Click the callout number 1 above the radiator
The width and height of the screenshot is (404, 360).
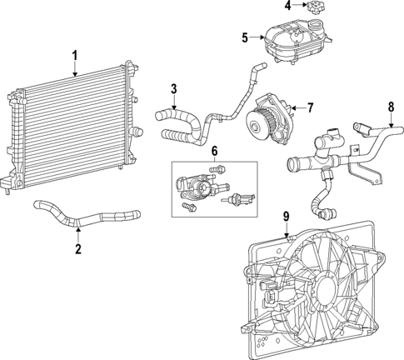74,56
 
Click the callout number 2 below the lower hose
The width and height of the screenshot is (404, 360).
77,248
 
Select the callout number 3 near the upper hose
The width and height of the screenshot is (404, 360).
173,88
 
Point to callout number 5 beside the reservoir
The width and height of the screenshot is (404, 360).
245,37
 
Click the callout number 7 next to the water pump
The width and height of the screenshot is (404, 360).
310,107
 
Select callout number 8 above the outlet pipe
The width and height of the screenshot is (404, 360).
390,106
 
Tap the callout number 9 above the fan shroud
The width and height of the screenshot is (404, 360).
285,217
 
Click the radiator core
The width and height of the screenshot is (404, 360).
71,129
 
